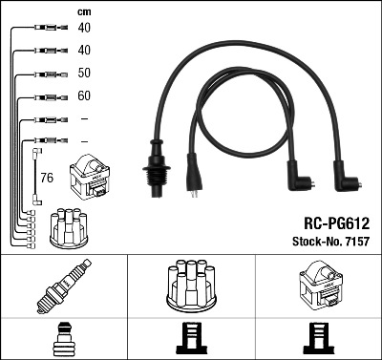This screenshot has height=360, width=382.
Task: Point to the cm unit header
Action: [x=84, y=11]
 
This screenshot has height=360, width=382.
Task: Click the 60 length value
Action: [x=84, y=96]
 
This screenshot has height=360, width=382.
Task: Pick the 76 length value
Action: [x=48, y=177]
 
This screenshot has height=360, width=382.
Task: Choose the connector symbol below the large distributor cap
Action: [x=192, y=339]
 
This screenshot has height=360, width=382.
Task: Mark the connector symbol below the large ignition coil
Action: [x=318, y=339]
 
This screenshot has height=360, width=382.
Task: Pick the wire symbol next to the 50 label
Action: [x=47, y=74]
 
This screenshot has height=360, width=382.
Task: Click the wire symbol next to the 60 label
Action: [x=47, y=96]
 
